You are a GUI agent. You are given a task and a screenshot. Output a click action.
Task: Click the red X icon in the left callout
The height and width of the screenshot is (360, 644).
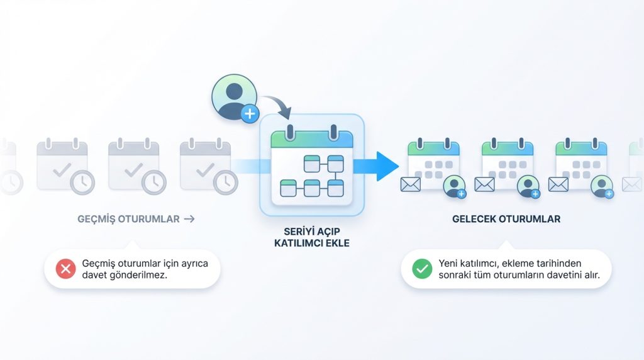coord(65,269)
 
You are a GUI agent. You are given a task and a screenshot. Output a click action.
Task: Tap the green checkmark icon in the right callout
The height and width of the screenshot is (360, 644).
coord(422,269)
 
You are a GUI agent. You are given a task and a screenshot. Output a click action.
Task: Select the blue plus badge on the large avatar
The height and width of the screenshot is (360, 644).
coord(250,114)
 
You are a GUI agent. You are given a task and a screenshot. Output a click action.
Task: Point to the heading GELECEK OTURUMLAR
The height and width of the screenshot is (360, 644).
coord(506,220)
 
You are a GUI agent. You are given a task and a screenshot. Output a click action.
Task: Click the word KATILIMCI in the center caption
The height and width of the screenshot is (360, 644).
coord(297,243)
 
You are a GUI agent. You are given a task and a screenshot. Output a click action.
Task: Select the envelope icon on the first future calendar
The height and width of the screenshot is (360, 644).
coord(410,184)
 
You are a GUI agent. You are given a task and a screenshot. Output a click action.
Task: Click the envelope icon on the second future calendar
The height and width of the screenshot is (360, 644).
coord(484,184)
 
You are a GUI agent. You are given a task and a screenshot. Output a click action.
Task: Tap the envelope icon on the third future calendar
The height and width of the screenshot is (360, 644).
coord(558,184)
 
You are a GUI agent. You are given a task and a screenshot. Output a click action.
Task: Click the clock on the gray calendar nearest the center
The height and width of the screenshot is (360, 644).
coord(225,183)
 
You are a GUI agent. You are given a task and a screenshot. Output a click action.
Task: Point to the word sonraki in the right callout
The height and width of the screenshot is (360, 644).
coord(454,276)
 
